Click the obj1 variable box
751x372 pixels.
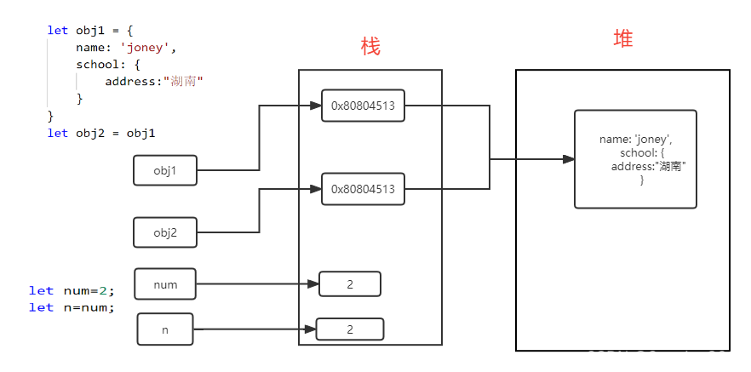[x=165, y=170]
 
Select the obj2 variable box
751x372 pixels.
[x=165, y=232]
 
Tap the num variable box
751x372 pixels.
[x=165, y=284]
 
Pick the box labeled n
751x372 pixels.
[x=165, y=329]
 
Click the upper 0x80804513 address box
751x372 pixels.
[x=363, y=106]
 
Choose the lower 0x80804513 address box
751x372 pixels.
[x=363, y=189]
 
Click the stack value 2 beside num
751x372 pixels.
[x=349, y=284]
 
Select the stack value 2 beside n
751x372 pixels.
[x=349, y=329]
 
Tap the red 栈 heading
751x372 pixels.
[x=370, y=46]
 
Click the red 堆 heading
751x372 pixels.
[x=622, y=39]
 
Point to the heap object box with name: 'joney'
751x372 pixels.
[x=635, y=159]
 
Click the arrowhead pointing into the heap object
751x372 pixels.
[x=568, y=159]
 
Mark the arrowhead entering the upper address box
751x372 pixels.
[x=315, y=106]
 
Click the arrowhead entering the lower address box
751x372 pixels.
[x=315, y=189]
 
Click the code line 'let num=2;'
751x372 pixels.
[x=72, y=290]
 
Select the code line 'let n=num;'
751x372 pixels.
[x=72, y=307]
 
